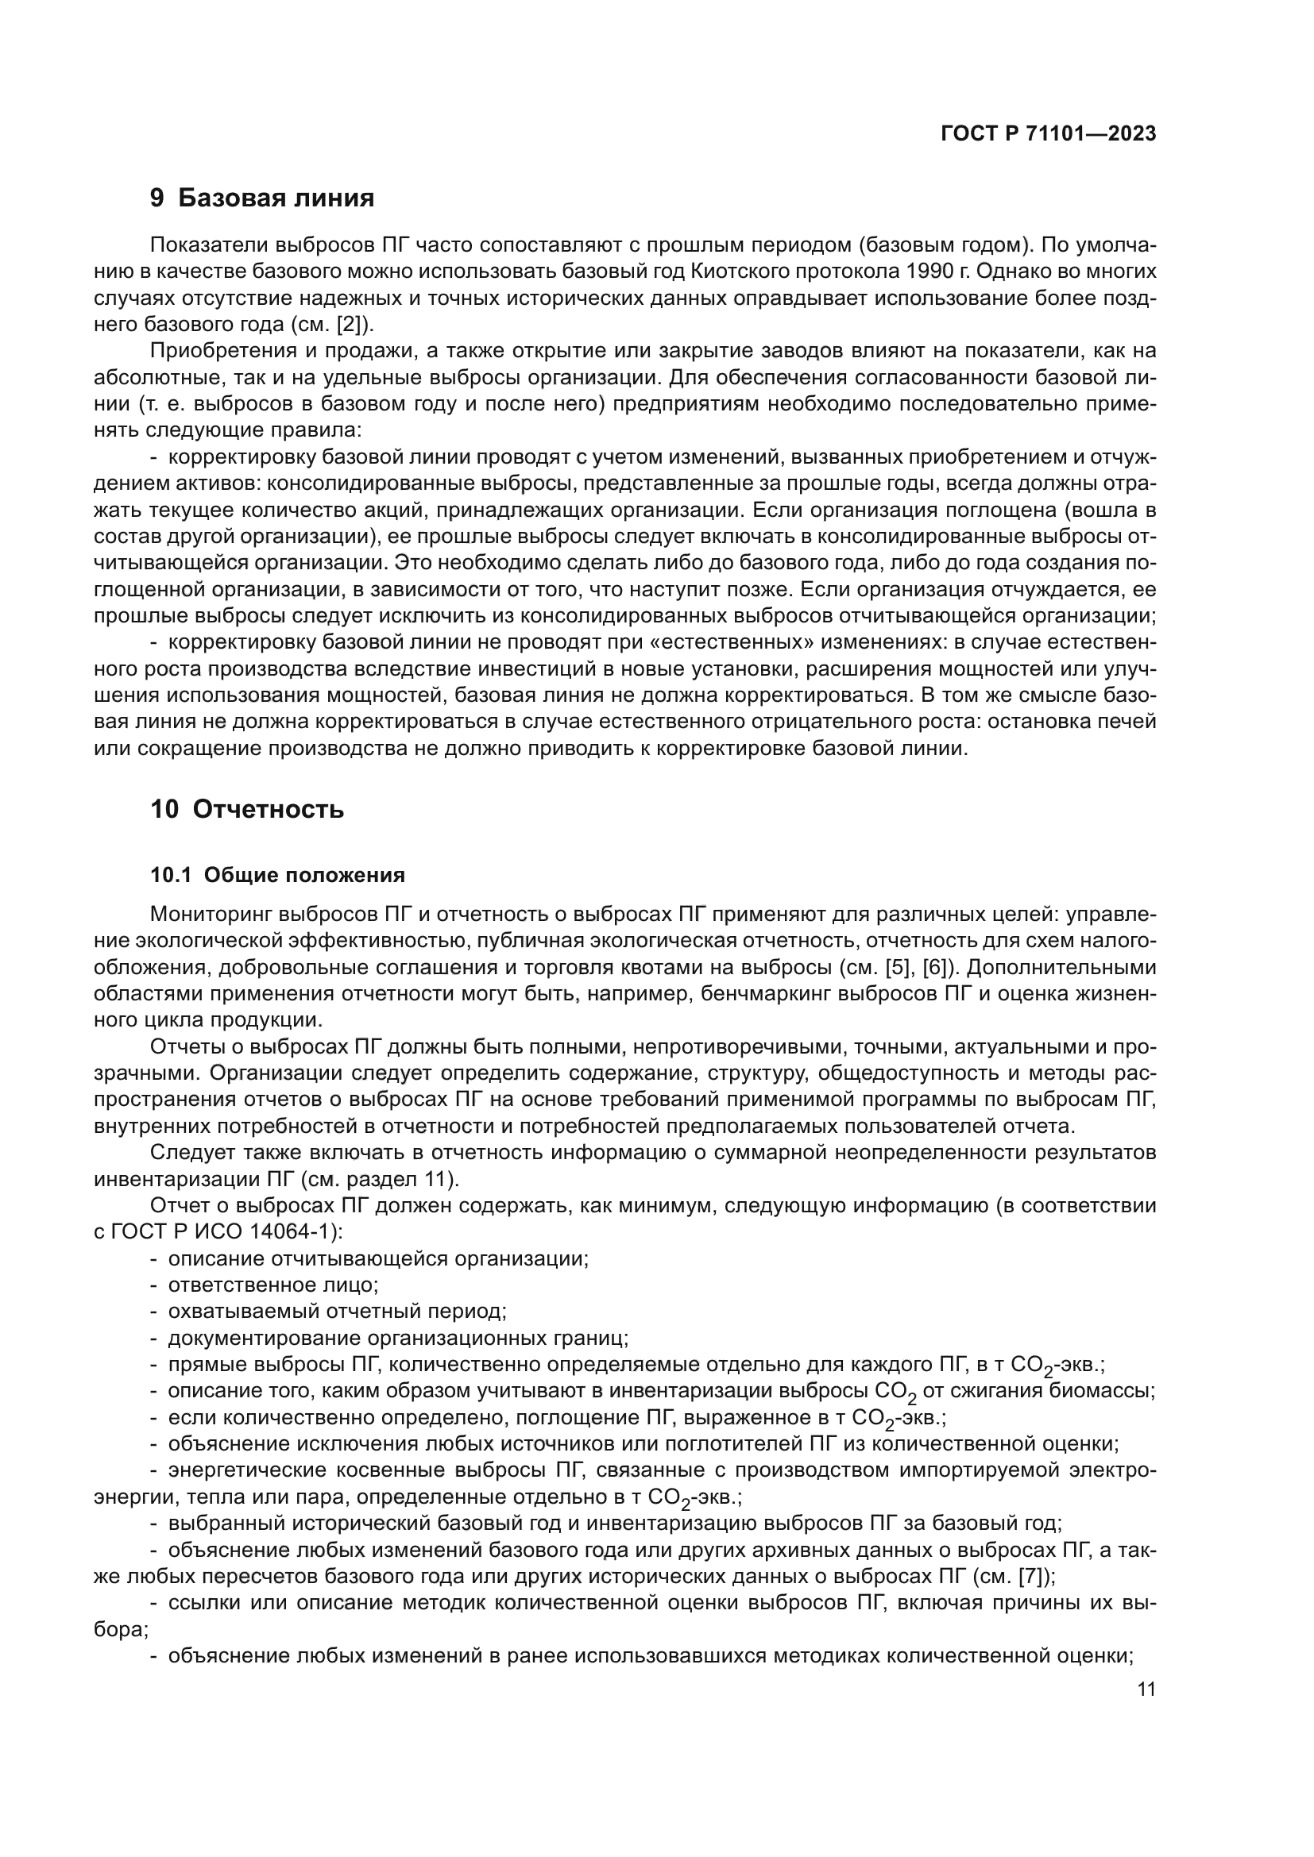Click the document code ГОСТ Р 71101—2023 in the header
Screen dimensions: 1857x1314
pyautogui.click(x=1049, y=134)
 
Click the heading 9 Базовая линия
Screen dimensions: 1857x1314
pyautogui.click(x=262, y=198)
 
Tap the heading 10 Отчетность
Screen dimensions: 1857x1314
pyautogui.click(x=247, y=810)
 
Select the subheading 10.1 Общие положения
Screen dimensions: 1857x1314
pyautogui.click(x=277, y=875)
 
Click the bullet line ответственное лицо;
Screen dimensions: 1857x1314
pyautogui.click(x=272, y=1285)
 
